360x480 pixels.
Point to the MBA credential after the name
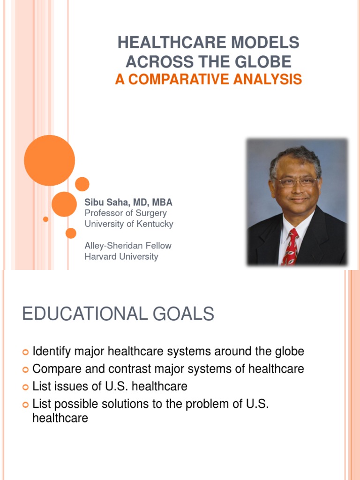tap(162, 202)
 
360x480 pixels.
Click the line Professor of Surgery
tap(126, 213)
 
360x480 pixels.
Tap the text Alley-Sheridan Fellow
tap(128, 246)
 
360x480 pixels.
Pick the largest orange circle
tap(49, 160)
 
